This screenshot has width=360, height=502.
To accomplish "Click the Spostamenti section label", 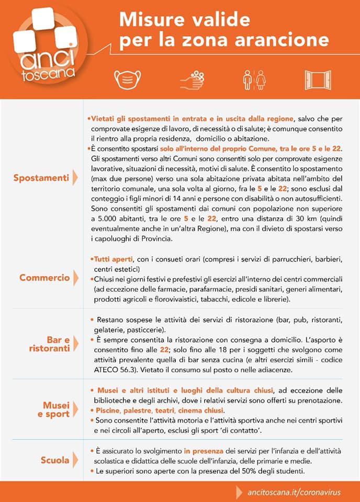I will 41,178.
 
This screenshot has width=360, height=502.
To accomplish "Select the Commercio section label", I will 44,278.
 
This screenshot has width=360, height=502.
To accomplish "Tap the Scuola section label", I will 55,461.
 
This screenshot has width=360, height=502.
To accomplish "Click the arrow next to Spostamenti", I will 75,178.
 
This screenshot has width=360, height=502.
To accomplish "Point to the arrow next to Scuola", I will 75,461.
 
